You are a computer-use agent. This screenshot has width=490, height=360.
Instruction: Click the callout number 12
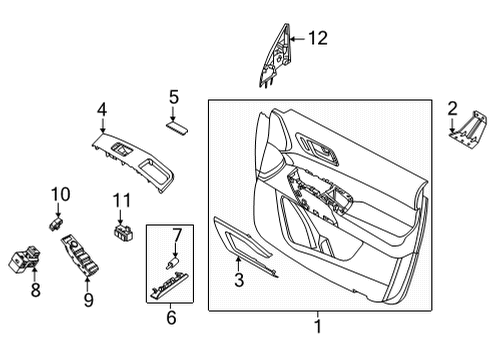[317, 39]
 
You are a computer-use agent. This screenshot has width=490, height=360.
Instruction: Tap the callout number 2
[452, 108]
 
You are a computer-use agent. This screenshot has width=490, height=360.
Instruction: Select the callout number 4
[102, 109]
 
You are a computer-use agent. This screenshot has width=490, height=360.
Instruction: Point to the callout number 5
[173, 97]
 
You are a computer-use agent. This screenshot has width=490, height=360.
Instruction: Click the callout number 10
[59, 193]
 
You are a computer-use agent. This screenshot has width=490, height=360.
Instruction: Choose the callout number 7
[176, 235]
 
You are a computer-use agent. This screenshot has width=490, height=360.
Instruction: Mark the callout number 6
[171, 318]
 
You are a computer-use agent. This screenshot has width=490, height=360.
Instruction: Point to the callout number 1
[318, 326]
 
